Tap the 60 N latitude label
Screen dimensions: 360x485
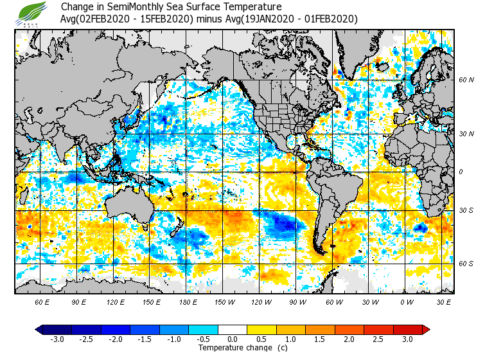pyautogui.click(x=466, y=80)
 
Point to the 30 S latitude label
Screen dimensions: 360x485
pyautogui.click(x=466, y=210)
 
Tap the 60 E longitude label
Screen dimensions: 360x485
pyautogui.click(x=42, y=301)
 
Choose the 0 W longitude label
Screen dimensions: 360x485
pyautogui.click(x=406, y=301)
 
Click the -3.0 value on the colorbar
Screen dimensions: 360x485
pyautogui.click(x=57, y=339)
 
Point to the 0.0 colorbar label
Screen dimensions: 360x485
pyautogui.click(x=233, y=339)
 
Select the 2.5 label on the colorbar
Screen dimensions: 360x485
pyautogui.click(x=386, y=339)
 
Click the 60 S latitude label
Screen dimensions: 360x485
pyautogui.click(x=466, y=264)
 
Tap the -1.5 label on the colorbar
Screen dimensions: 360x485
pyautogui.click(x=145, y=339)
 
